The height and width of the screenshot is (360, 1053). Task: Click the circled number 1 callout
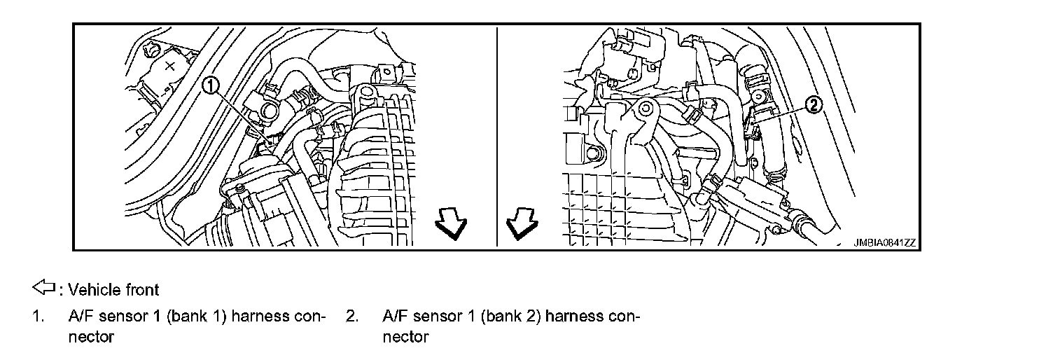point(211,86)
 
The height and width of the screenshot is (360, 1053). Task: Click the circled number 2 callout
point(814,105)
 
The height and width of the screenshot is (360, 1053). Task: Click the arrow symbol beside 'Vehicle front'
point(43,288)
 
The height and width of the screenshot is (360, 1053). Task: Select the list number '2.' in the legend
point(352,316)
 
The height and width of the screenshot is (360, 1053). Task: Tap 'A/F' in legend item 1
point(81,316)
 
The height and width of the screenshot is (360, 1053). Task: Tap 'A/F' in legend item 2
point(396,316)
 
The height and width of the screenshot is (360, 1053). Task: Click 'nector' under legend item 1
point(90,337)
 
